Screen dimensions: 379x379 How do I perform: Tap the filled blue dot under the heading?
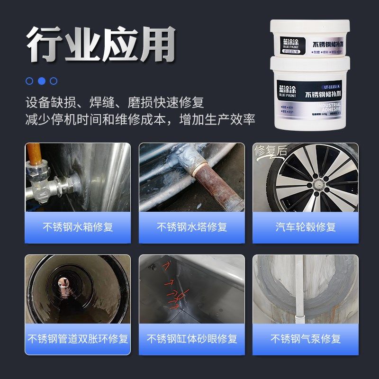pyautogui.click(x=42, y=81)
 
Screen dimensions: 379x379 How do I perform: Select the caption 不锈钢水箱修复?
pyautogui.click(x=78, y=227)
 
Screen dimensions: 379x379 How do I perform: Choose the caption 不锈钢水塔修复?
pyautogui.click(x=192, y=227)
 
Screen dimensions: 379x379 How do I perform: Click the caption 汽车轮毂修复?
pyautogui.click(x=306, y=227)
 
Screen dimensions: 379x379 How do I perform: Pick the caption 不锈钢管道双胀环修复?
pyautogui.click(x=78, y=339)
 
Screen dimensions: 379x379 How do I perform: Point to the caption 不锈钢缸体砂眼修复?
pyautogui.click(x=192, y=339)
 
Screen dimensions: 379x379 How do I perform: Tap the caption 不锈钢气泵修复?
pyautogui.click(x=306, y=339)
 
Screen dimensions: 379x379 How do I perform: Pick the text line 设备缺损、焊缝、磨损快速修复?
pyautogui.click(x=115, y=102)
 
